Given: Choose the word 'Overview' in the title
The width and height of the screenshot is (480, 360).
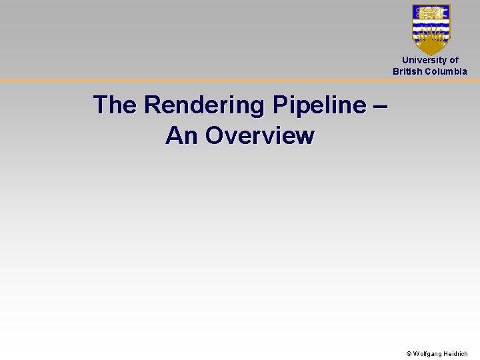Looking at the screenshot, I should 260,136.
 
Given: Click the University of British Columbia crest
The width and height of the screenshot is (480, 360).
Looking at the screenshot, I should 431,29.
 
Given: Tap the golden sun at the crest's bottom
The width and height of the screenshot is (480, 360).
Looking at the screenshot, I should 431,45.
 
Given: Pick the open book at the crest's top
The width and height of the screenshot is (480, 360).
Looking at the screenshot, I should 431,13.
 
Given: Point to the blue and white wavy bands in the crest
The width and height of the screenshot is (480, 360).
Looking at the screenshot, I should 431,28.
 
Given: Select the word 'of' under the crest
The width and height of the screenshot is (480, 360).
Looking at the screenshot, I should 454,60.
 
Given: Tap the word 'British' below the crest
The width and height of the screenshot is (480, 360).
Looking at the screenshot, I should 407,71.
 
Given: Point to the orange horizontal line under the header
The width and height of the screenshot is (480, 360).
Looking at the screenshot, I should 200,80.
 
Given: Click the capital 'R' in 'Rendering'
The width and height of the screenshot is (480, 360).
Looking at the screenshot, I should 153,105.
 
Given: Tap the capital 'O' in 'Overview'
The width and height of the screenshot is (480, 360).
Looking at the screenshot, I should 215,136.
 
